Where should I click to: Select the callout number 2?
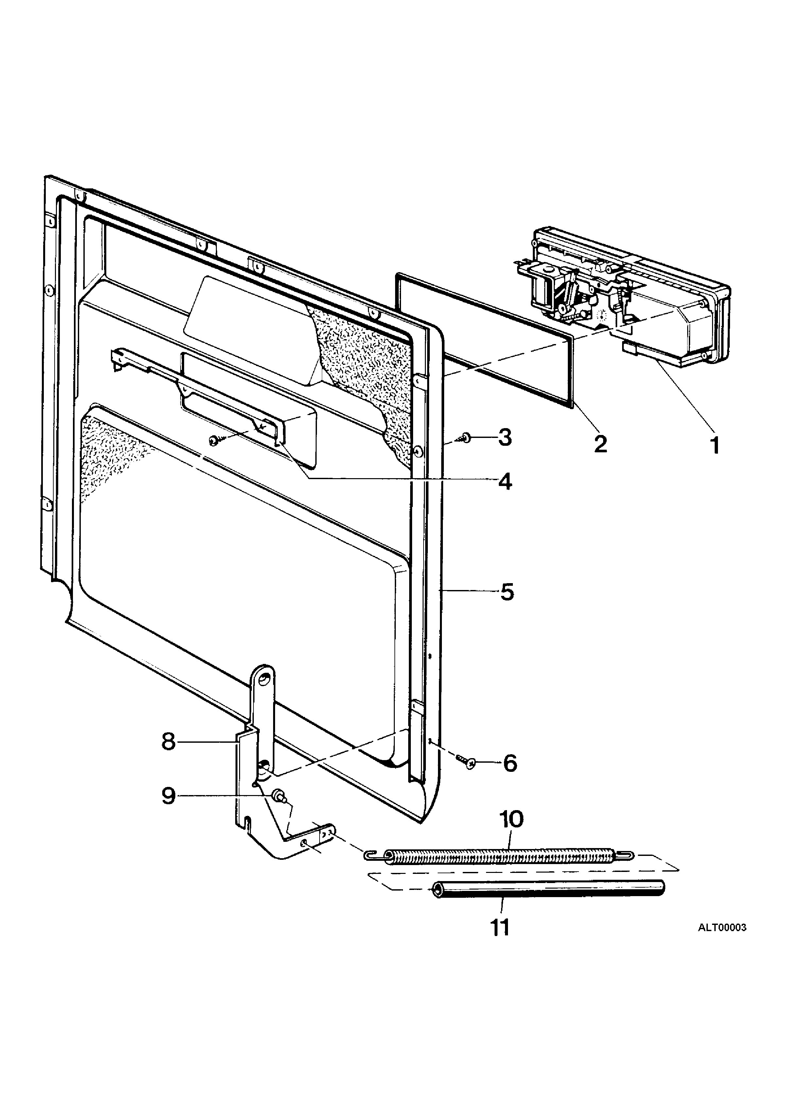(601, 444)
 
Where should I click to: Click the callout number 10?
(512, 820)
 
